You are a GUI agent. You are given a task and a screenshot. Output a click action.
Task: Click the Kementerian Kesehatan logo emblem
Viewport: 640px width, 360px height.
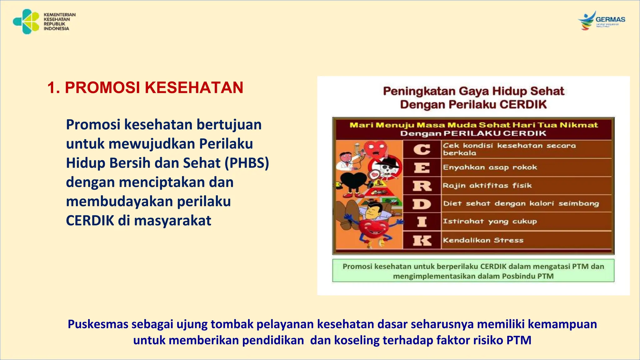click(x=26, y=21)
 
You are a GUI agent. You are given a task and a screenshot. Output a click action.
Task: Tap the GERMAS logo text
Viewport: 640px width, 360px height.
click(x=610, y=19)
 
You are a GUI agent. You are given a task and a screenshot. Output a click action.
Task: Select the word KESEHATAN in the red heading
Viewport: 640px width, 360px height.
click(x=194, y=87)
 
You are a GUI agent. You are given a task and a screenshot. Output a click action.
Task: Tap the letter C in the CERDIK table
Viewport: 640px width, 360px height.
click(x=422, y=149)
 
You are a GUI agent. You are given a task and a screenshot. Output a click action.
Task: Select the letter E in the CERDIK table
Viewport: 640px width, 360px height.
click(x=422, y=168)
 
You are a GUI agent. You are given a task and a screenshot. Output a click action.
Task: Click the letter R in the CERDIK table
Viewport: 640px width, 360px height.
click(x=422, y=186)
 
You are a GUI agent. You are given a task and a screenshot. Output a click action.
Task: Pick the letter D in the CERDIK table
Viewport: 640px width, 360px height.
click(x=422, y=204)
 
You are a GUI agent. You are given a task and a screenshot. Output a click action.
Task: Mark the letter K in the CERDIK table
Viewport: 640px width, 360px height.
click(x=422, y=241)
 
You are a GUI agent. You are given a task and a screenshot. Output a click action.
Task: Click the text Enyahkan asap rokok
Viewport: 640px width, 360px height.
click(x=490, y=167)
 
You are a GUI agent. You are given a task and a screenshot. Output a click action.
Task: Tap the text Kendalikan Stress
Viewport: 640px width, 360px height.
click(x=483, y=240)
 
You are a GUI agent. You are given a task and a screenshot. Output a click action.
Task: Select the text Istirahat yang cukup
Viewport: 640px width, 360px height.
click(x=490, y=222)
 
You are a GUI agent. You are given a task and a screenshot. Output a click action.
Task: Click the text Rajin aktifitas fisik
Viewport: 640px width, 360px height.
click(x=487, y=186)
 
